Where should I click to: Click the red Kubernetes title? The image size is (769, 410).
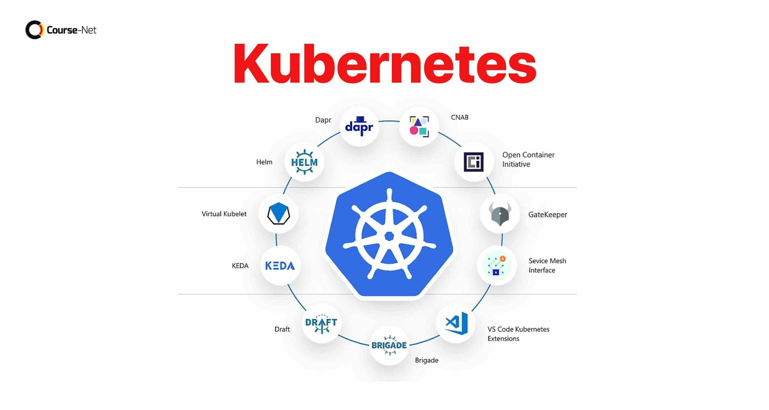click(x=385, y=64)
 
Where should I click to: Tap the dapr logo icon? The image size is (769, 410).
click(x=359, y=127)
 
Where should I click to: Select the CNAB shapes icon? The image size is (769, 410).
click(x=419, y=127)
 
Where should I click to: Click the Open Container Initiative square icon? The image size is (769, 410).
click(x=474, y=162)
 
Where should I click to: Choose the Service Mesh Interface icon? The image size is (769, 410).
click(x=497, y=266)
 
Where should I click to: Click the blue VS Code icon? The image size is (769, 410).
click(x=456, y=323)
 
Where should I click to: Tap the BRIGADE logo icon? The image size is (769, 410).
click(x=389, y=345)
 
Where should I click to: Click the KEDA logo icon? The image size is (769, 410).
click(x=280, y=266)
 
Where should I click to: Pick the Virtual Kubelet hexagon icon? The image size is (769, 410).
click(x=278, y=213)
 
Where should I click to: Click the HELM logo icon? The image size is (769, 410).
click(x=304, y=162)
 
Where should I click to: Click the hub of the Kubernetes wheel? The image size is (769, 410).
click(x=389, y=236)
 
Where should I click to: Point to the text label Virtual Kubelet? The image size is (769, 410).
click(x=224, y=214)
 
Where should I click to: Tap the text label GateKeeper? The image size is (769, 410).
click(x=548, y=215)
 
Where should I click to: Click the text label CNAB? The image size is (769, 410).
click(x=459, y=118)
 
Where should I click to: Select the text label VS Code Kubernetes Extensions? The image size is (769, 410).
click(x=518, y=334)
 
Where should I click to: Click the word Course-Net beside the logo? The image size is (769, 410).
click(x=71, y=30)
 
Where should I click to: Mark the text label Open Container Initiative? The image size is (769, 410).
click(x=528, y=160)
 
